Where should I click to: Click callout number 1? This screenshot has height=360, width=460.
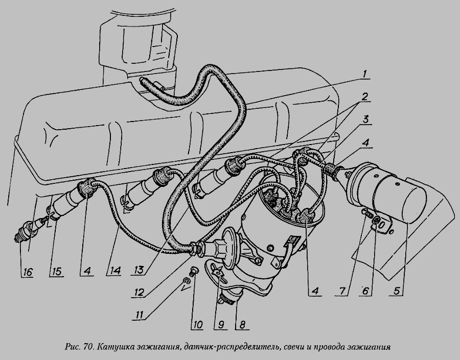[364, 74]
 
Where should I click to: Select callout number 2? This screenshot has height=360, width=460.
[364, 97]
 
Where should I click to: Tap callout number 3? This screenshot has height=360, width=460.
[366, 120]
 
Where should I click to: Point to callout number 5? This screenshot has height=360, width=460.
[396, 291]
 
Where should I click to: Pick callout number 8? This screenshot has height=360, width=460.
[242, 325]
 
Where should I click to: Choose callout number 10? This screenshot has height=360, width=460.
[197, 325]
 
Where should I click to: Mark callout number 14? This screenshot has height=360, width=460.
[115, 271]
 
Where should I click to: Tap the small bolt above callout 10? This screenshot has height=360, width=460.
[194, 271]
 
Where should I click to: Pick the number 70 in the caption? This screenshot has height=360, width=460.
[88, 347]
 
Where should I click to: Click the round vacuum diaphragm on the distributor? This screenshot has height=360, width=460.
[231, 243]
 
